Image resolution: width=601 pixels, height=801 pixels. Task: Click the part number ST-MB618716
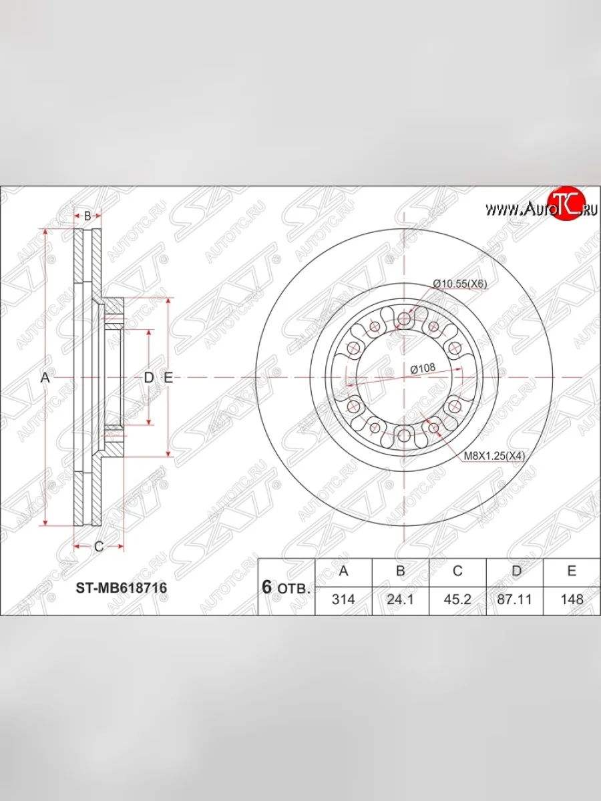121,588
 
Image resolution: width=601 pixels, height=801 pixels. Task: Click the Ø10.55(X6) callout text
460,284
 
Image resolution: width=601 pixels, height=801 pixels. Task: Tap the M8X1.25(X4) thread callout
494,456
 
